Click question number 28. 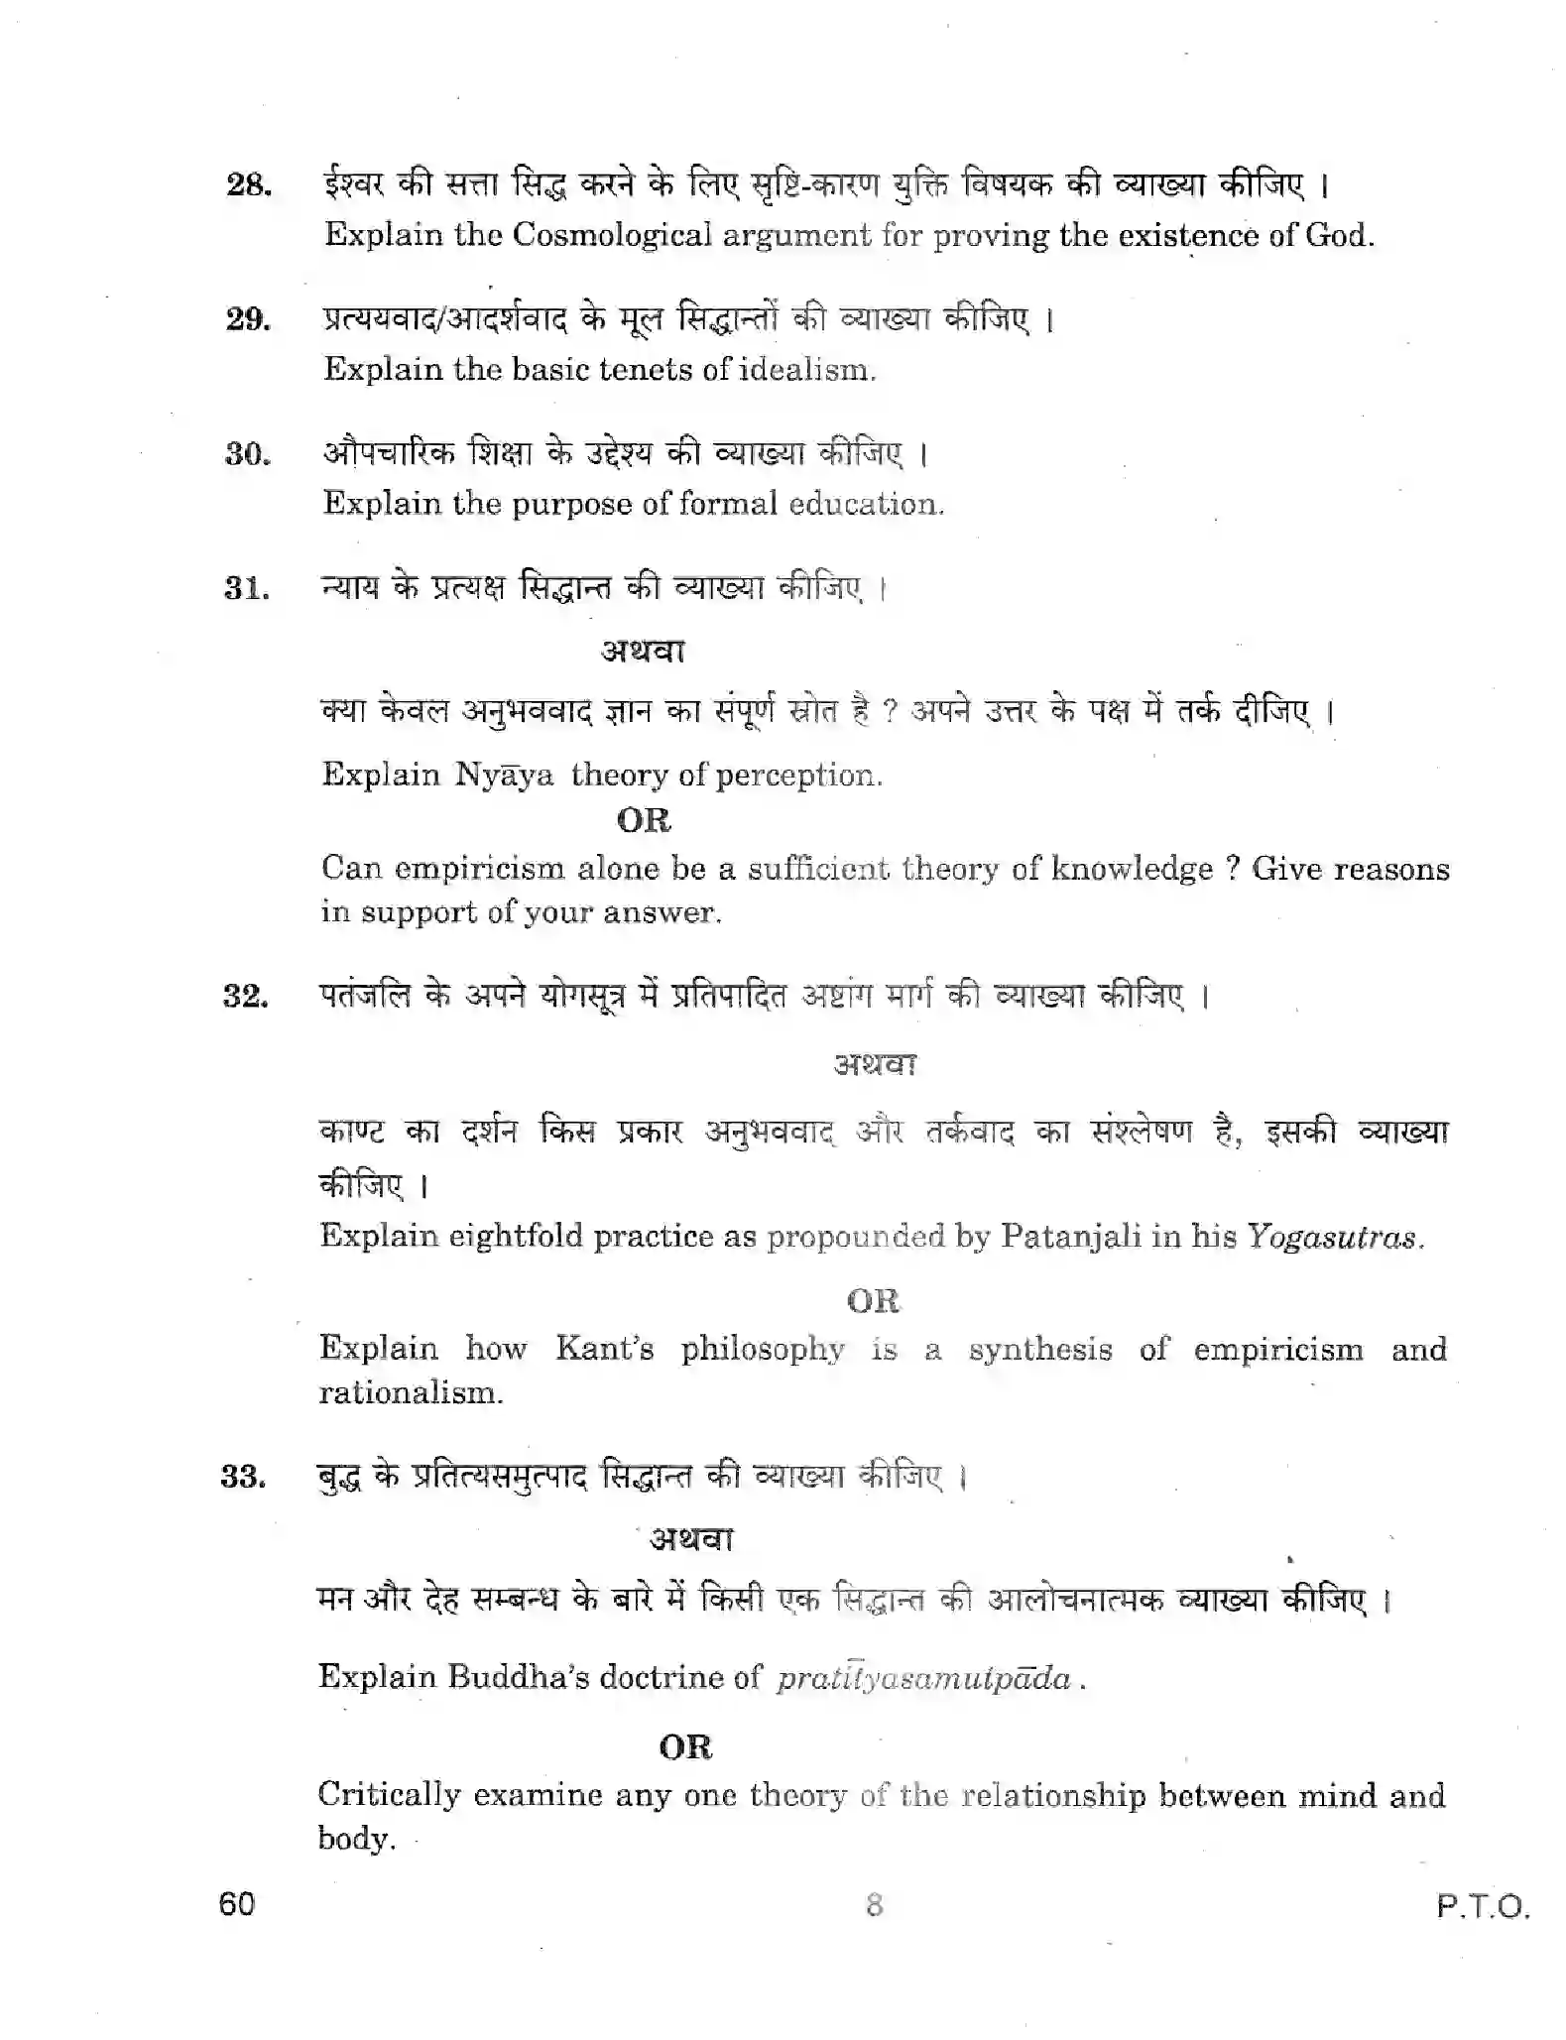[x=249, y=185]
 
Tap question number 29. [x=248, y=319]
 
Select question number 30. [x=248, y=454]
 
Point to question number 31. [x=247, y=589]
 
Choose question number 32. [x=246, y=997]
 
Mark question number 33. [x=244, y=1478]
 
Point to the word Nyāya [x=504, y=775]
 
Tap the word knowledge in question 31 [x=1132, y=869]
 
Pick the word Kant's [x=604, y=1349]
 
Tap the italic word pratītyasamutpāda [x=924, y=1678]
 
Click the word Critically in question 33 [x=389, y=1795]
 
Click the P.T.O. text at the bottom [x=1483, y=1907]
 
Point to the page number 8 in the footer [x=874, y=1905]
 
